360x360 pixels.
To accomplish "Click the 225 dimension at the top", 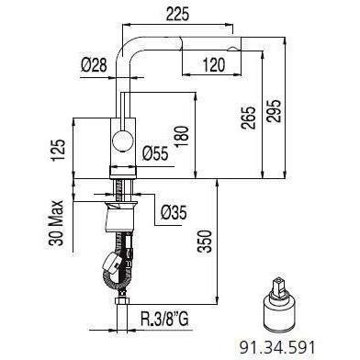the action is [177, 14].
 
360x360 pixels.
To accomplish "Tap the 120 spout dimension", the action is [213, 65].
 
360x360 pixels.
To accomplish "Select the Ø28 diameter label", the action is [94, 65].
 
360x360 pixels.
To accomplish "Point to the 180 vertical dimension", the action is [182, 137].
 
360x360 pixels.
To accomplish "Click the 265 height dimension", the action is [248, 118].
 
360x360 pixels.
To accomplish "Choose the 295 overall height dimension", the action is [274, 110].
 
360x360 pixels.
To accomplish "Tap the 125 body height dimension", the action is [58, 150].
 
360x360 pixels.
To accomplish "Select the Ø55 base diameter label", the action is [155, 153].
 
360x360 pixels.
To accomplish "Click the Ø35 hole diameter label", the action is [174, 212].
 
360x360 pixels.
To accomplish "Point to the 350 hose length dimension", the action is [204, 241].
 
